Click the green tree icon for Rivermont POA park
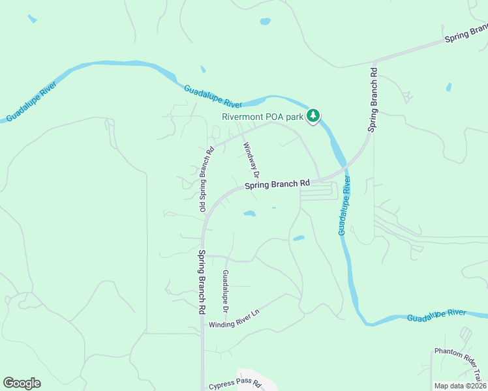[314, 116]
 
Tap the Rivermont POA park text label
[263, 117]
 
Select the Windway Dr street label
[251, 160]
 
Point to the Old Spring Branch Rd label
[207, 180]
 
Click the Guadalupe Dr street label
[226, 289]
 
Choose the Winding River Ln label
[234, 318]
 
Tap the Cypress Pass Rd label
[234, 384]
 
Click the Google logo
[22, 383]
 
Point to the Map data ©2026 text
[461, 386]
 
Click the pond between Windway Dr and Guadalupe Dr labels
[249, 213]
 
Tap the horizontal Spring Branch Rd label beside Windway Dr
[277, 185]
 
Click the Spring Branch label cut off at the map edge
[466, 34]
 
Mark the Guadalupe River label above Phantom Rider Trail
[436, 315]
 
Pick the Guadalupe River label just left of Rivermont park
[213, 96]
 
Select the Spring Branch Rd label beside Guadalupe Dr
[202, 283]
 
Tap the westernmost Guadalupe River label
[31, 102]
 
